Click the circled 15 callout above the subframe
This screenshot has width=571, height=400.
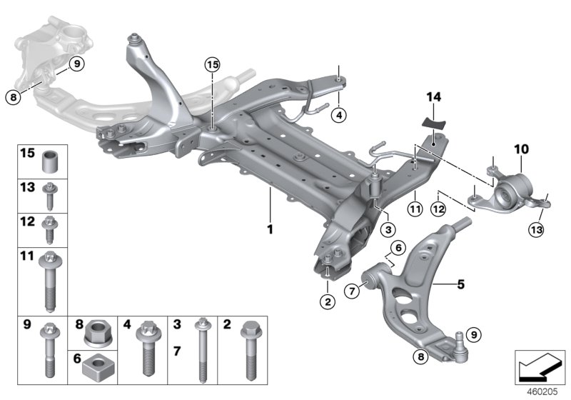[x=211, y=65]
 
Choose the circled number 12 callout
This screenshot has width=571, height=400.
[x=437, y=209]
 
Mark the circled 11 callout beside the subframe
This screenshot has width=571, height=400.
[x=413, y=209]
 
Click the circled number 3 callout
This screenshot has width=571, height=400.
[x=387, y=230]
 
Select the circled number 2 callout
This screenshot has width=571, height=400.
[x=328, y=302]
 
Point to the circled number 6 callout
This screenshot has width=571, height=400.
[x=398, y=246]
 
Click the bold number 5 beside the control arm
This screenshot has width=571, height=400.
[x=440, y=284]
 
